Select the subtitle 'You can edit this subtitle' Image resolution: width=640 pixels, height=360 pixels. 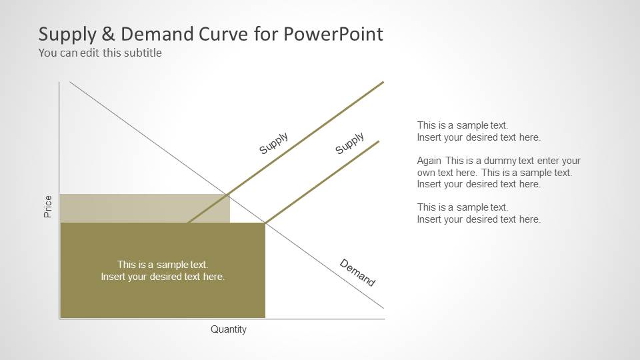tap(100, 53)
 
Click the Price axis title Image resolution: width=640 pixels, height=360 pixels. tap(48, 207)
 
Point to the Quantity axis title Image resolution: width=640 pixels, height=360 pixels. tap(229, 329)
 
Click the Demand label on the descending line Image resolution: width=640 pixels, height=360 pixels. tap(357, 273)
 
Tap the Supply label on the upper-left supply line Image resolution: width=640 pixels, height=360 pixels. tap(273, 143)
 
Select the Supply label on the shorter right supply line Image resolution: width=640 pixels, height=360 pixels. tap(349, 143)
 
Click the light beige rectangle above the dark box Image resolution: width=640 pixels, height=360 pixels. tap(144, 208)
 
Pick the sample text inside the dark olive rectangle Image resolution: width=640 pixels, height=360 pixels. tap(163, 271)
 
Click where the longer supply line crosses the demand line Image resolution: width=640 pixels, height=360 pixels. tap(228, 194)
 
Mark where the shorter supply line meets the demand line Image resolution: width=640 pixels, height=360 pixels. tap(265, 223)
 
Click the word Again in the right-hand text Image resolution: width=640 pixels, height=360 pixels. tap(429, 161)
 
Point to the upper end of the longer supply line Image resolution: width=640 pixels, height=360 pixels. tap(383, 82)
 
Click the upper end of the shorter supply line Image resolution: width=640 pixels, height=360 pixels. tap(379, 141)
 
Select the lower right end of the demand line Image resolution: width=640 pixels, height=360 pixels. tap(383, 308)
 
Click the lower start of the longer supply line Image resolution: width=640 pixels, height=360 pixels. tap(189, 222)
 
